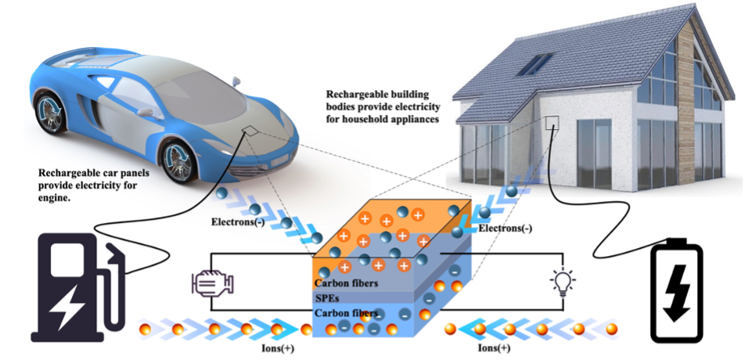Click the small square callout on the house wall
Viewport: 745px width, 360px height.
tap(552, 123)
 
